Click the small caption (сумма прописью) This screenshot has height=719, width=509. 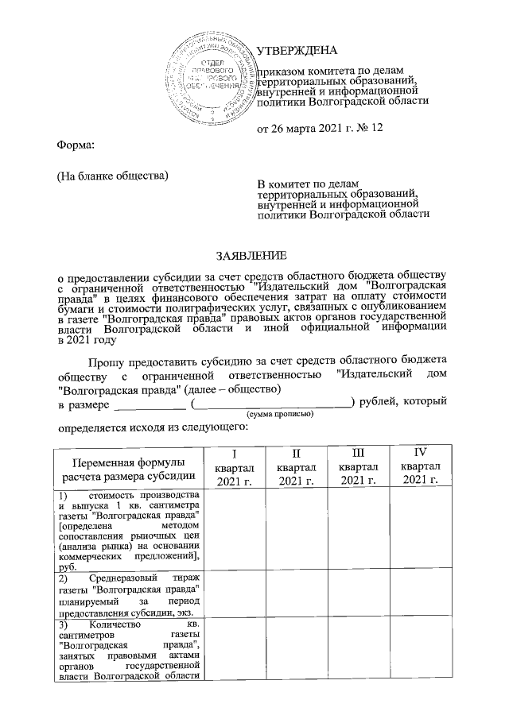click(280, 415)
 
